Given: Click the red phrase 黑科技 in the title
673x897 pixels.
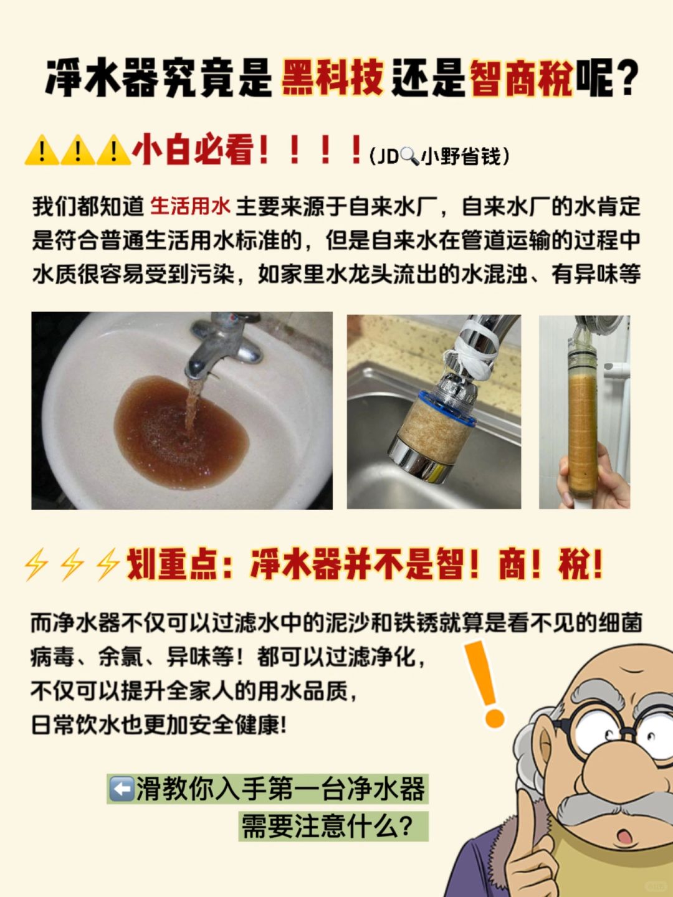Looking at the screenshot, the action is click(333, 77).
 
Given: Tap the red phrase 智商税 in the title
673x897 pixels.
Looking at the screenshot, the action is click(522, 77).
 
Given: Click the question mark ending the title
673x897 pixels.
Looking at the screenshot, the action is click(624, 78).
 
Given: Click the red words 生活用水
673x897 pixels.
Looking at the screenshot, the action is click(191, 206).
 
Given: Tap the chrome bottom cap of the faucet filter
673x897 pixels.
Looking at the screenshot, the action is click(424, 460).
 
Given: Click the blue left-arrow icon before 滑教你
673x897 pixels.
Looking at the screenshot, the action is click(122, 789).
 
